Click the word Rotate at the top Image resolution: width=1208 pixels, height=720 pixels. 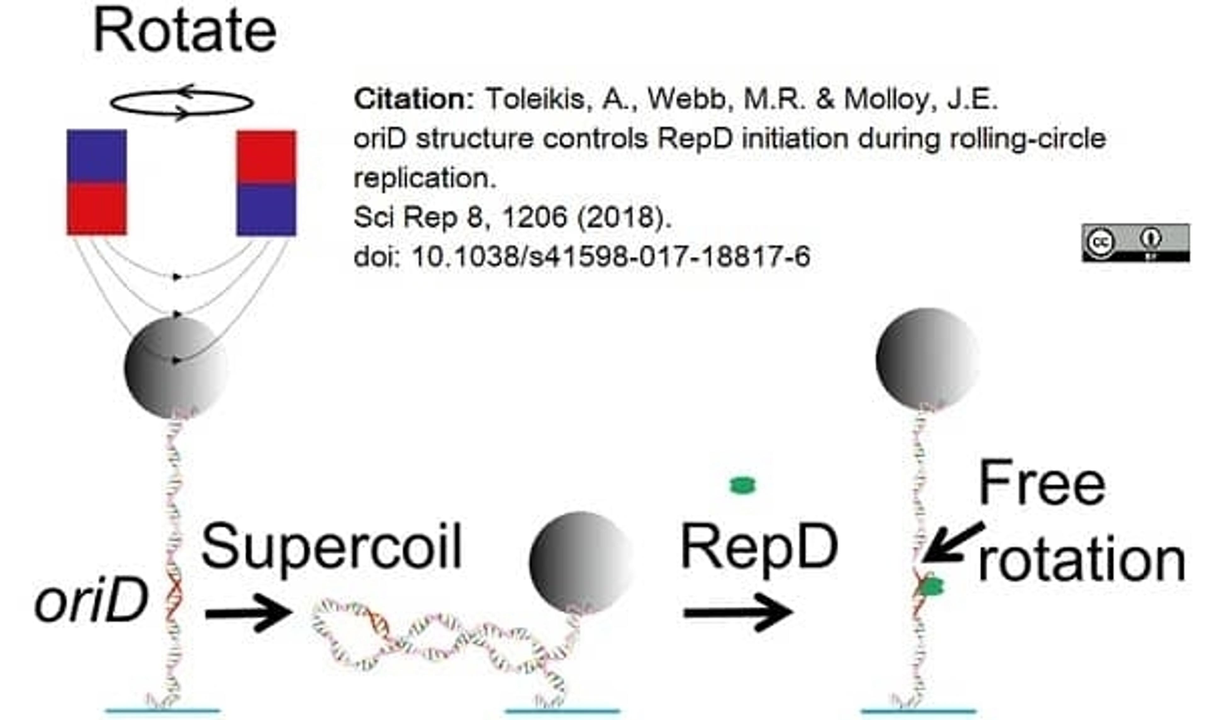tap(184, 31)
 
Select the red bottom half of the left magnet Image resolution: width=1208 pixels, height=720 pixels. tap(97, 209)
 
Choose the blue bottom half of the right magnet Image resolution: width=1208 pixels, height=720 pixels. tap(266, 210)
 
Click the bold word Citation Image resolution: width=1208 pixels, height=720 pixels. tap(413, 99)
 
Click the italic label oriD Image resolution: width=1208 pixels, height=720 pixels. tap(91, 602)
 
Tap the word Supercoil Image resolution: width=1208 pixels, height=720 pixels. tap(331, 547)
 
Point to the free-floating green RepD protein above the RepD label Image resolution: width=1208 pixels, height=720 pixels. tap(743, 485)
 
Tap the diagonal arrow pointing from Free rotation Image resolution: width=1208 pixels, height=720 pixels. tap(952, 543)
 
